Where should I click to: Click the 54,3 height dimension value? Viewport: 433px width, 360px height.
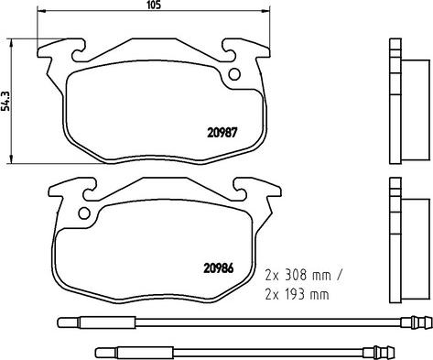pyautogui.click(x=6, y=98)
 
